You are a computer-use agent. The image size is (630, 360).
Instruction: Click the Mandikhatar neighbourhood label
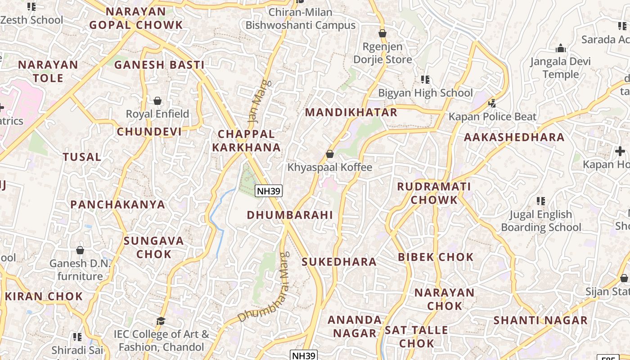(351, 112)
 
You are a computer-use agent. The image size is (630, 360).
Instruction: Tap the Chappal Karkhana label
(246, 140)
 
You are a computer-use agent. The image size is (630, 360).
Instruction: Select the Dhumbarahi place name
(290, 215)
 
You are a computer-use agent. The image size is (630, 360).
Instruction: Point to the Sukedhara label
(339, 262)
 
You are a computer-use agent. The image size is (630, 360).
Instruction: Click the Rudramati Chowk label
(434, 193)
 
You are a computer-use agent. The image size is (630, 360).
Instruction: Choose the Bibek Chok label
(436, 257)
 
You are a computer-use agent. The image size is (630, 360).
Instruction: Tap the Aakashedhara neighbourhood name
(514, 138)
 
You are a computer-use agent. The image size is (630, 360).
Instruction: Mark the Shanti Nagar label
(540, 320)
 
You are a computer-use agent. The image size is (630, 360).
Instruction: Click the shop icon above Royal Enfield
(157, 101)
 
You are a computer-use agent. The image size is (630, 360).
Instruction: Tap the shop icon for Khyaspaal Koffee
(330, 154)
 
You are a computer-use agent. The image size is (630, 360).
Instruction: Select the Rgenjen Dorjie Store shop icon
(382, 33)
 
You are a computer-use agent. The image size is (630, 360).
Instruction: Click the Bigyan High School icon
(425, 80)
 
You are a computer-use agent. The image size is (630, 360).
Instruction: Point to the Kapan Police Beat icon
(492, 103)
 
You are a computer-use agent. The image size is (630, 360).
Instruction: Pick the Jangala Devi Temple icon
(561, 48)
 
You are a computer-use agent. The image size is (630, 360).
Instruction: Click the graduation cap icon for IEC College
(161, 321)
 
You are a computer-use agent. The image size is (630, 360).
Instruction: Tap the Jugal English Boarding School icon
(541, 201)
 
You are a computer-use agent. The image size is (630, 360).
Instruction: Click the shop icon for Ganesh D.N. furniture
(80, 250)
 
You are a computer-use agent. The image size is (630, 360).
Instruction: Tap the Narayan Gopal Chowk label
(136, 18)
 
